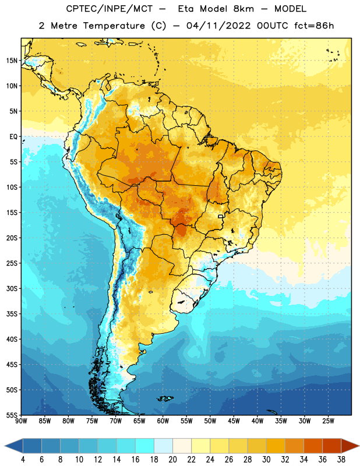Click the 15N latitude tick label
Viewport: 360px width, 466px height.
coord(12,61)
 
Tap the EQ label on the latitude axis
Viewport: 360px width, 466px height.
coord(13,137)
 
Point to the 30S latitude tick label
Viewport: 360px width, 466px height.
coord(12,288)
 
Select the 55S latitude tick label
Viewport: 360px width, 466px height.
coord(12,415)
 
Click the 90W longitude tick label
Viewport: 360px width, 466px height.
coord(21,421)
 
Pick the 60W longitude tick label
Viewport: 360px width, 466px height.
coord(163,421)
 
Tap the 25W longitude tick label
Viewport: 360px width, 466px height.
coord(328,421)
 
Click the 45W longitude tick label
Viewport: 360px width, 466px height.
coord(234,421)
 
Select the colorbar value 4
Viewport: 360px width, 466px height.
coord(23,460)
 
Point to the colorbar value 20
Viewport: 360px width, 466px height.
coord(172,460)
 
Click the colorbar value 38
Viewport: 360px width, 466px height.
coord(341,460)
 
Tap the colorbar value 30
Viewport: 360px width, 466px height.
coord(266,460)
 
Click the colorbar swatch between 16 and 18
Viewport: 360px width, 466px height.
coord(145,446)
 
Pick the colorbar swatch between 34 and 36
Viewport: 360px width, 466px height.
coord(313,446)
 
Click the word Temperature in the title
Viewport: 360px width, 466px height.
coord(114,26)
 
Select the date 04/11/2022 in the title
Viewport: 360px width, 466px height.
coord(218,26)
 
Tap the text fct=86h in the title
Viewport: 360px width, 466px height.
coord(314,26)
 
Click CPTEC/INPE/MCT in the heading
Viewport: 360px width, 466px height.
coord(109,9)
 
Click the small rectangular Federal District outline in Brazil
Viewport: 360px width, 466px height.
coord(221,216)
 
